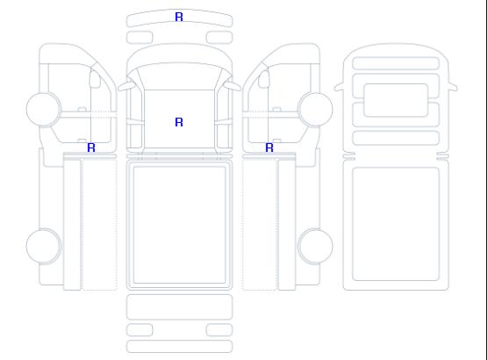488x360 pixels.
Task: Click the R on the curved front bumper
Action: click(x=179, y=17)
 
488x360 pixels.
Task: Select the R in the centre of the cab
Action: click(x=179, y=122)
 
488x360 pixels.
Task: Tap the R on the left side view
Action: click(x=91, y=148)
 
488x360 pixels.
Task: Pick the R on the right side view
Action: click(x=269, y=148)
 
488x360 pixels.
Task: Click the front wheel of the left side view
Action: click(x=44, y=109)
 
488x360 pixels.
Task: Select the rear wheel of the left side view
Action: click(x=44, y=246)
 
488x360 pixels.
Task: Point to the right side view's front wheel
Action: click(x=315, y=109)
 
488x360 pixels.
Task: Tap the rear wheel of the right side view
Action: click(x=315, y=246)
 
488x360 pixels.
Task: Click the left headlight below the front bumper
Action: click(x=140, y=38)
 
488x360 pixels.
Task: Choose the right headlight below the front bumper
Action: click(x=219, y=38)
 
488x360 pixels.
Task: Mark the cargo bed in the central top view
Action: click(x=179, y=226)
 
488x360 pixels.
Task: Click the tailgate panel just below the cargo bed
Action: click(x=179, y=307)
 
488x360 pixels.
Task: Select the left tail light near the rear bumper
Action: click(x=140, y=330)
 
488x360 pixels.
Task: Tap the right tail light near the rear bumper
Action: click(x=219, y=330)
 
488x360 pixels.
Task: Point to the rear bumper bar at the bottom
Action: click(x=179, y=347)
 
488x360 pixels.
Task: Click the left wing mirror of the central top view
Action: click(x=126, y=85)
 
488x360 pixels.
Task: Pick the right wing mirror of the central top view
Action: click(x=233, y=85)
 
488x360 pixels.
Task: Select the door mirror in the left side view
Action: click(x=95, y=79)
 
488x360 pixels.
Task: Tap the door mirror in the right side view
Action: click(x=264, y=79)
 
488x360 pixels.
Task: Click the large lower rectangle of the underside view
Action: click(x=396, y=224)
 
